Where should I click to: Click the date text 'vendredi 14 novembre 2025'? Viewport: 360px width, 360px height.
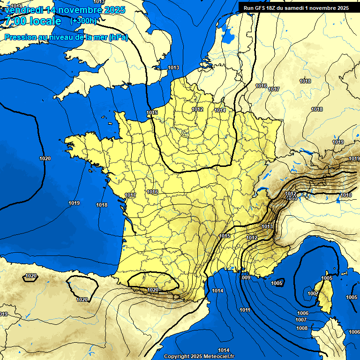click(x=65, y=10)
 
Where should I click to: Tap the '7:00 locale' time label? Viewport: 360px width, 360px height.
click(x=32, y=21)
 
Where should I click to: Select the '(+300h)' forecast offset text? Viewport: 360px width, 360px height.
click(x=83, y=21)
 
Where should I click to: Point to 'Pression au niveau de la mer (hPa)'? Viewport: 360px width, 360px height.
click(x=66, y=37)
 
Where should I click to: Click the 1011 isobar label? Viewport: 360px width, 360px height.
click(x=245, y=310)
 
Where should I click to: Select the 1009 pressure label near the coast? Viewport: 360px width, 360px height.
click(x=246, y=277)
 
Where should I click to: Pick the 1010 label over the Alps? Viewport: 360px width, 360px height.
click(x=346, y=195)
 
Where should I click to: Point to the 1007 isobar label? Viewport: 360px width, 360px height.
click(x=301, y=320)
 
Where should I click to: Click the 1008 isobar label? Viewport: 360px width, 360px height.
click(x=301, y=328)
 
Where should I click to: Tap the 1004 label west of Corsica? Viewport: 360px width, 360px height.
click(x=313, y=293)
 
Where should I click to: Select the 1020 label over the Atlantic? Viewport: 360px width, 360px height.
click(x=45, y=159)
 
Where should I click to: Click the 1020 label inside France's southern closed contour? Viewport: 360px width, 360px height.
click(x=153, y=290)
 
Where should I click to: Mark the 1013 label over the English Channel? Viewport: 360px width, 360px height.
click(x=173, y=68)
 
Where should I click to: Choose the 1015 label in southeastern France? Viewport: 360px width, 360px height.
click(x=225, y=236)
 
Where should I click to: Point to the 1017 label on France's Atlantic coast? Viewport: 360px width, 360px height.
click(x=130, y=195)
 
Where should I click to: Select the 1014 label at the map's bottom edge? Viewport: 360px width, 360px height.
click(x=224, y=350)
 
